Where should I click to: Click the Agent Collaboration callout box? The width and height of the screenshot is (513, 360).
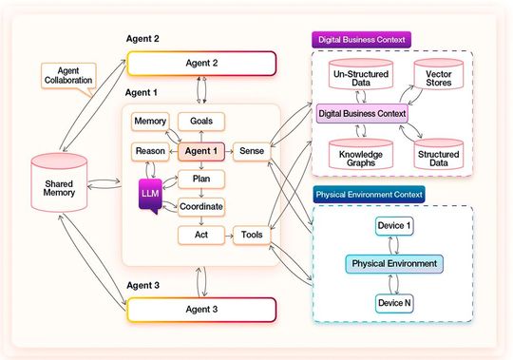(67, 75)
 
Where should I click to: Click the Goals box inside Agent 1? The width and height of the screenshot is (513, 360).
(201, 122)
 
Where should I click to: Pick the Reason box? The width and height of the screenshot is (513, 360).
(149, 151)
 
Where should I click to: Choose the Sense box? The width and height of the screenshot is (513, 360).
(252, 151)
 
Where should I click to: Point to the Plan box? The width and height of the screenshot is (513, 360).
(201, 178)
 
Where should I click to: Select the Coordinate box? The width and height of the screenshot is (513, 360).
(201, 205)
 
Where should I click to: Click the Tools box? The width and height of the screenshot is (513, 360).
(252, 233)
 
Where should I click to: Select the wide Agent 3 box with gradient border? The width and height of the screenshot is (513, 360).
(201, 310)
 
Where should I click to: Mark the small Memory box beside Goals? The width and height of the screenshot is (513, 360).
(150, 122)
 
